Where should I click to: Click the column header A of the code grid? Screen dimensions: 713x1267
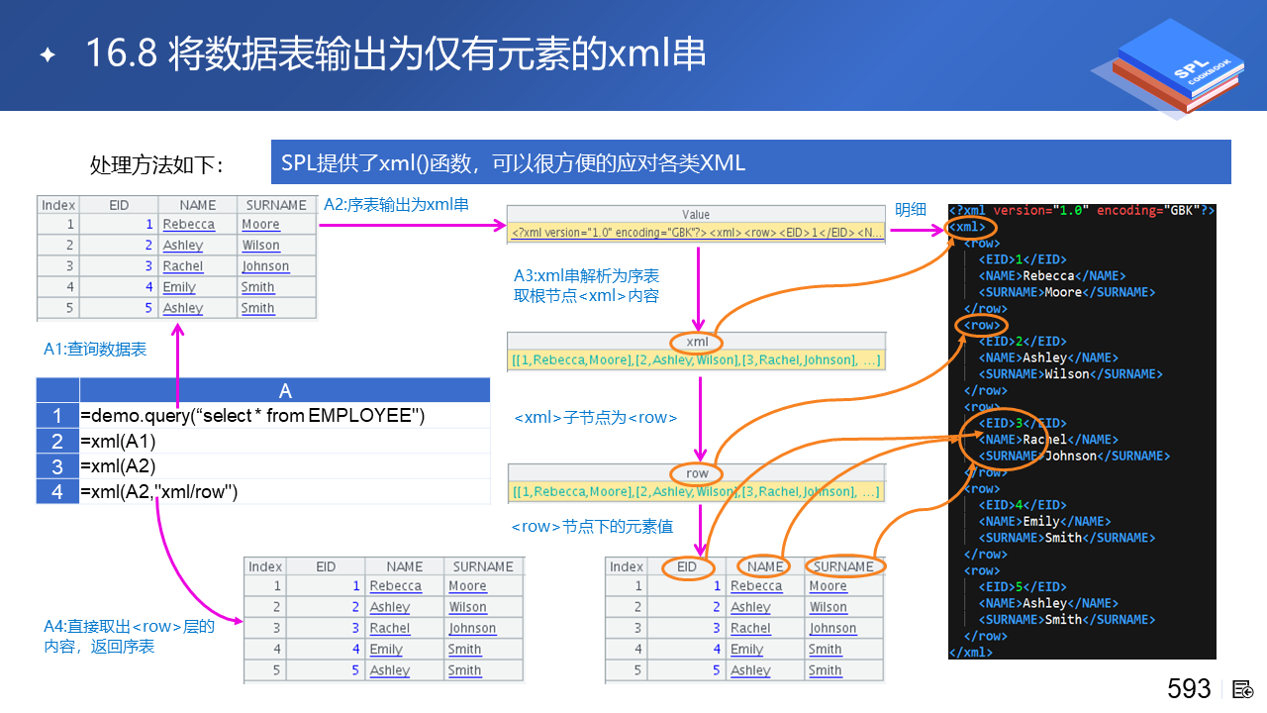pyautogui.click(x=285, y=390)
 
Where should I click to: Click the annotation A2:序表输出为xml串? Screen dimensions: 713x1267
pyautogui.click(x=396, y=205)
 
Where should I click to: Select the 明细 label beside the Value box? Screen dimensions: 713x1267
pyautogui.click(x=911, y=209)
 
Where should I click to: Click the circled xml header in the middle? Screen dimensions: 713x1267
pyautogui.click(x=697, y=343)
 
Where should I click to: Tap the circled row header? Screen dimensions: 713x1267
pyautogui.click(x=697, y=473)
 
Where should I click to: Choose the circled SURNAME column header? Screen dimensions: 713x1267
pyautogui.click(x=843, y=566)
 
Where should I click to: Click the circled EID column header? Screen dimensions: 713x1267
pyautogui.click(x=687, y=566)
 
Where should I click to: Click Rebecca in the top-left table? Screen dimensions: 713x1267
pyautogui.click(x=188, y=225)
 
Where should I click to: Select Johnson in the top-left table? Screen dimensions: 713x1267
pyautogui.click(x=265, y=266)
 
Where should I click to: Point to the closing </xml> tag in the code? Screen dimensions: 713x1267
pyautogui.click(x=970, y=652)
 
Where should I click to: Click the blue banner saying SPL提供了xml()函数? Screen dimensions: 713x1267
pyautogui.click(x=750, y=162)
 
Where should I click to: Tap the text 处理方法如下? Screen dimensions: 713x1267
pyautogui.click(x=156, y=164)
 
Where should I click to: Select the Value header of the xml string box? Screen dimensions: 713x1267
pyautogui.click(x=696, y=214)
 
